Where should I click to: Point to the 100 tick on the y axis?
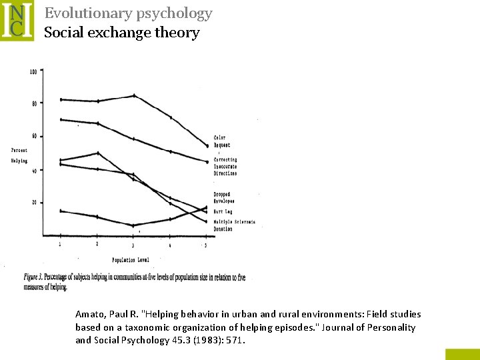(x=33, y=72)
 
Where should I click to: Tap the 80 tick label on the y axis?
(x=33, y=103)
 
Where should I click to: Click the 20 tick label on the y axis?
(x=33, y=203)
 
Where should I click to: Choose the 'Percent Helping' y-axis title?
(x=19, y=155)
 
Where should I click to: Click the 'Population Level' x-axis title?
(x=130, y=259)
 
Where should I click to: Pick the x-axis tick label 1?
(x=61, y=245)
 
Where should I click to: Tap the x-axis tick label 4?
(x=170, y=245)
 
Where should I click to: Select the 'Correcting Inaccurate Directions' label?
(x=225, y=167)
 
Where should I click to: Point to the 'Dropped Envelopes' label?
(x=224, y=197)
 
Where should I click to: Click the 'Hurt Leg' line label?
(x=223, y=211)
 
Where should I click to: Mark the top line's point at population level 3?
(x=134, y=95)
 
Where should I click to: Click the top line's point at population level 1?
(x=61, y=99)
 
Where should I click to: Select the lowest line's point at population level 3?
(x=133, y=225)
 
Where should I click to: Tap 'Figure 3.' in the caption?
(x=39, y=277)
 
